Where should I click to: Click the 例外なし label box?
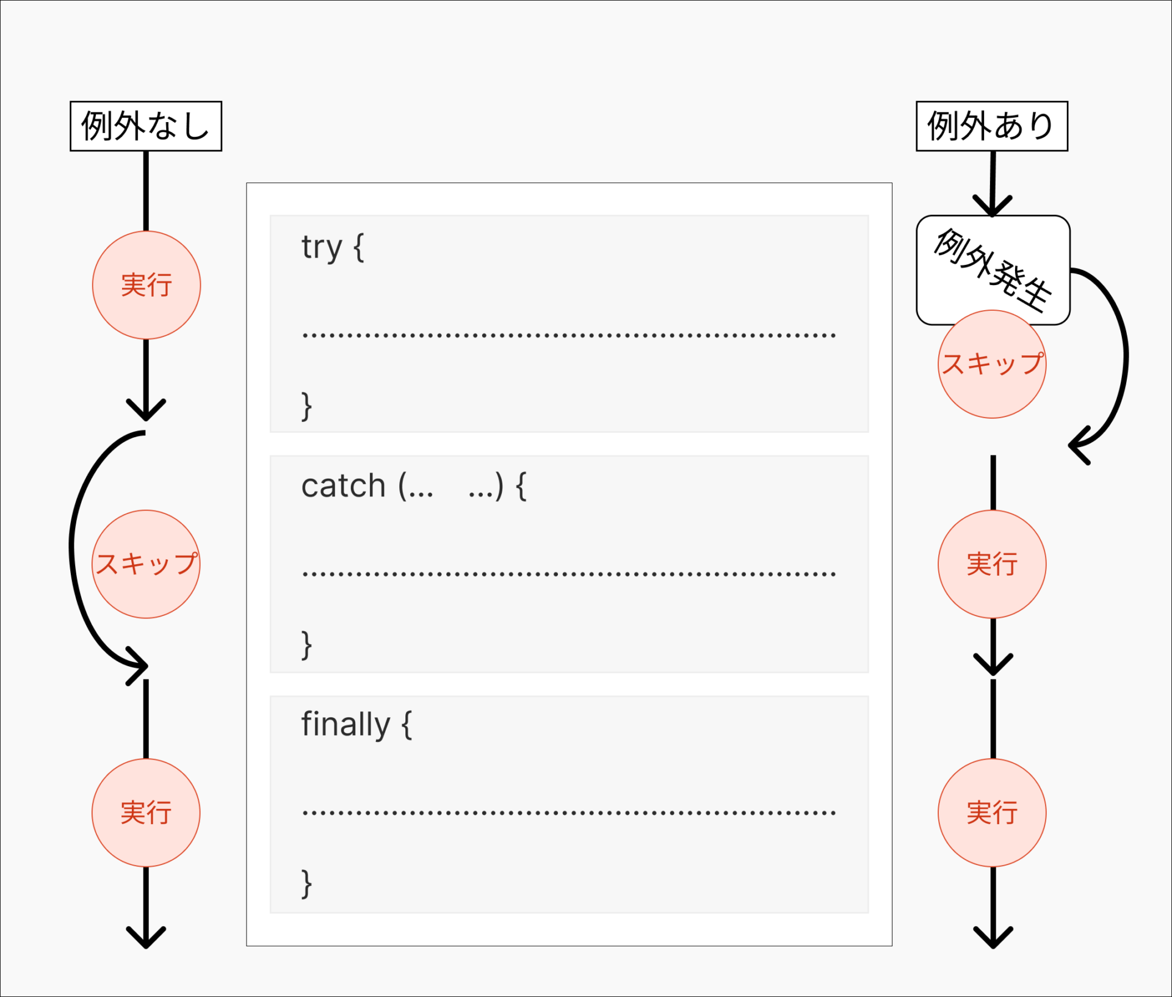point(146,126)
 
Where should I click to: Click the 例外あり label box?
point(991,126)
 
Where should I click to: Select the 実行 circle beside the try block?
point(146,285)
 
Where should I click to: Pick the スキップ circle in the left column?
point(146,564)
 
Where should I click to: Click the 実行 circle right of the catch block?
point(991,564)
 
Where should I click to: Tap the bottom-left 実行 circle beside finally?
point(146,813)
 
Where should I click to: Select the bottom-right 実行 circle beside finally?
point(991,813)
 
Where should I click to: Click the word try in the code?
point(321,248)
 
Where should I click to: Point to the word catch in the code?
point(343,487)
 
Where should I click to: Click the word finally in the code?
point(345,725)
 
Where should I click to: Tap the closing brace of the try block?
point(306,406)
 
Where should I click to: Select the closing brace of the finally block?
point(306,883)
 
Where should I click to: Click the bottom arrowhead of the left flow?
point(146,937)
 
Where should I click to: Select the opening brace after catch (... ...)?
point(521,487)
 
